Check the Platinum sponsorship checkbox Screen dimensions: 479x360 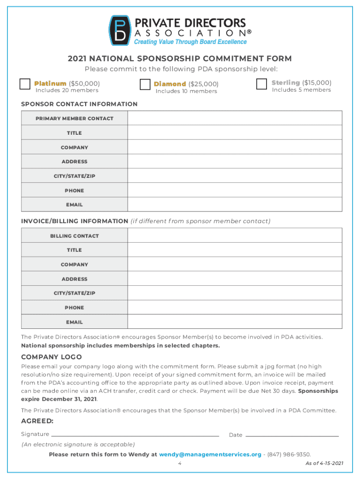point(25,84)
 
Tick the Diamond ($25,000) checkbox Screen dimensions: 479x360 point(145,84)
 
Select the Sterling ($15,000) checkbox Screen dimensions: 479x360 point(262,84)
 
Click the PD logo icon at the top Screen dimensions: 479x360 point(120,30)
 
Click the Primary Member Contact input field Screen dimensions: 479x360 point(235,118)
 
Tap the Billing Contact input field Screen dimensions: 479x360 point(235,236)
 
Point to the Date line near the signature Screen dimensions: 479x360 point(292,435)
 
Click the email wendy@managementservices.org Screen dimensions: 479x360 point(210,454)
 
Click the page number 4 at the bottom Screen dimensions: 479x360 point(180,463)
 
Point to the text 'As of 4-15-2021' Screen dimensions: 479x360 point(324,463)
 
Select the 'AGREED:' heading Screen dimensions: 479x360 point(37,421)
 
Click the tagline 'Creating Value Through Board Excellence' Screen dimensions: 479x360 point(190,42)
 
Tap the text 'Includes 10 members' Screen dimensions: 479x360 point(186,91)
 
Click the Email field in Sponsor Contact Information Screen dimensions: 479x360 point(235,205)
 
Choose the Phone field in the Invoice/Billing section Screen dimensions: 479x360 point(235,308)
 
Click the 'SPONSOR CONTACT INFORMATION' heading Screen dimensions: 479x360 point(79,104)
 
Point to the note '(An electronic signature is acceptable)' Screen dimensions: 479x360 point(78,444)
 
